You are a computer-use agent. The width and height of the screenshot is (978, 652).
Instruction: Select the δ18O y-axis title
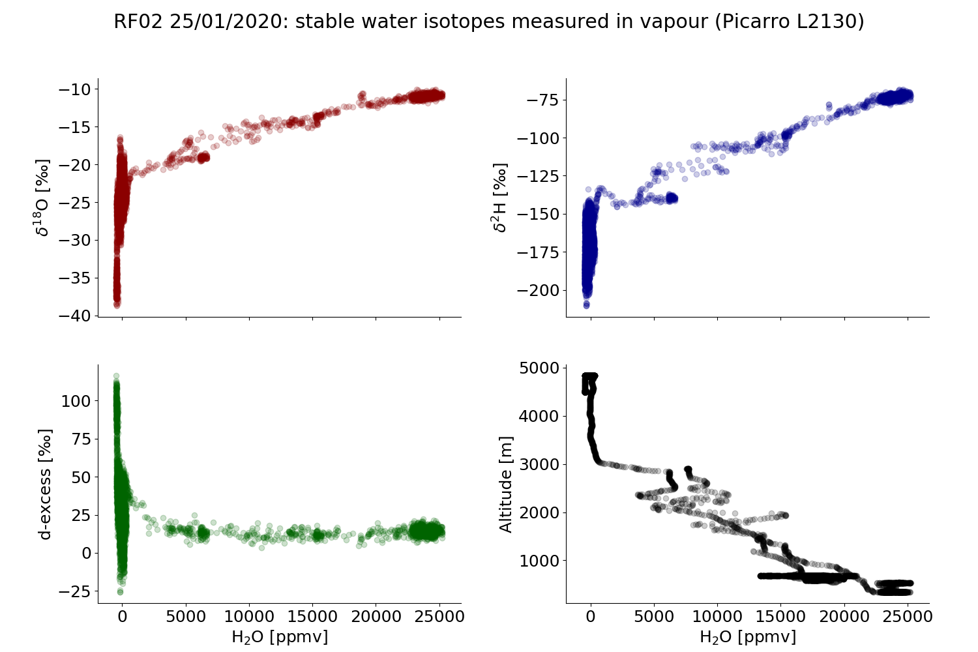43,197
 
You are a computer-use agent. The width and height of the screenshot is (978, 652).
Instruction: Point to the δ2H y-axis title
500,197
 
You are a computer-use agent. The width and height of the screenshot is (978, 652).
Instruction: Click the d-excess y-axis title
44,484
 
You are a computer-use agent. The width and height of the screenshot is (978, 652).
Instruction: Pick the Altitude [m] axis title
507,484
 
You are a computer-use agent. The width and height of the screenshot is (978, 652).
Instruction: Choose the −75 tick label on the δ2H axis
542,100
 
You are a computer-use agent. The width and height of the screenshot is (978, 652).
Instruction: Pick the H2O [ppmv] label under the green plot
280,637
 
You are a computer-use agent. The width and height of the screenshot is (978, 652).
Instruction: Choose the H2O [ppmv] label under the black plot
748,637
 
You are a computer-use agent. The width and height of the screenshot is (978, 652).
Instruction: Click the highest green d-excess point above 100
116,376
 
